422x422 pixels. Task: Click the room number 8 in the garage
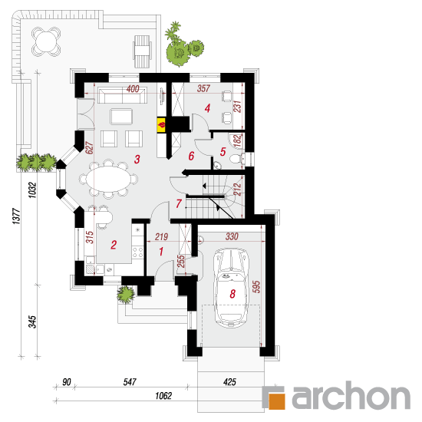[232, 294]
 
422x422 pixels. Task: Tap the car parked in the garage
[231, 288]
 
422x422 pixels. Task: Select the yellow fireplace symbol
[161, 125]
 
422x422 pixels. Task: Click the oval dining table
[108, 179]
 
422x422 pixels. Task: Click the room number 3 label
[137, 159]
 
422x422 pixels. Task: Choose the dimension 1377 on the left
[16, 216]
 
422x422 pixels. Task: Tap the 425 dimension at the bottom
[229, 381]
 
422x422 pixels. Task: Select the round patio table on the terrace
[46, 41]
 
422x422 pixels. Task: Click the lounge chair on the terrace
[142, 51]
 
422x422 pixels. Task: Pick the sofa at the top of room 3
[123, 95]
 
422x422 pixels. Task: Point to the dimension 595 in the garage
[256, 287]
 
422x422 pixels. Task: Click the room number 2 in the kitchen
[114, 245]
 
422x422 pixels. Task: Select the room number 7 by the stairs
[179, 204]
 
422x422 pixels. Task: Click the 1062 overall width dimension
[163, 396]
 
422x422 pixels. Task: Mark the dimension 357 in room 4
[203, 88]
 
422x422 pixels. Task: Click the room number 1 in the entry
[161, 252]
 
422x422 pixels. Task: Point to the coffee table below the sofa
[121, 117]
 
